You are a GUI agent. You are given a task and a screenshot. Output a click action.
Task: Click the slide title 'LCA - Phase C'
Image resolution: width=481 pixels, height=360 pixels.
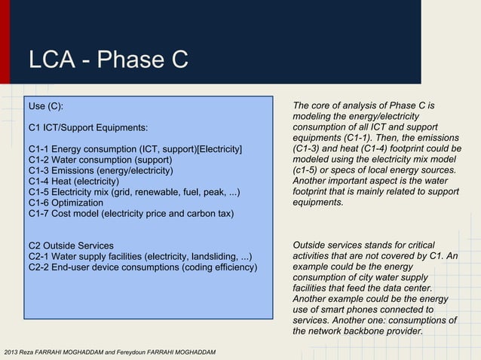click(x=107, y=59)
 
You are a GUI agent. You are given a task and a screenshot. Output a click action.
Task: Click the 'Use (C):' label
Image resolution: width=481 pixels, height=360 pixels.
click(x=51, y=107)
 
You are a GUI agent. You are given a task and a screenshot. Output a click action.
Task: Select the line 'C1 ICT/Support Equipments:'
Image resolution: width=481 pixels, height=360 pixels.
click(x=87, y=128)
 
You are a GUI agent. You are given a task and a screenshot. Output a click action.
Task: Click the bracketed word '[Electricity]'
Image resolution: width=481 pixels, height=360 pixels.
click(x=219, y=150)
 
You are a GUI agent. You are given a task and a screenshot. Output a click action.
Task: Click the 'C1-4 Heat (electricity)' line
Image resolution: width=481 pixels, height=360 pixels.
click(x=73, y=182)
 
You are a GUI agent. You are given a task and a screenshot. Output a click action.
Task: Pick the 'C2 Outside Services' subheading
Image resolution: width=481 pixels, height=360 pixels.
click(x=71, y=246)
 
